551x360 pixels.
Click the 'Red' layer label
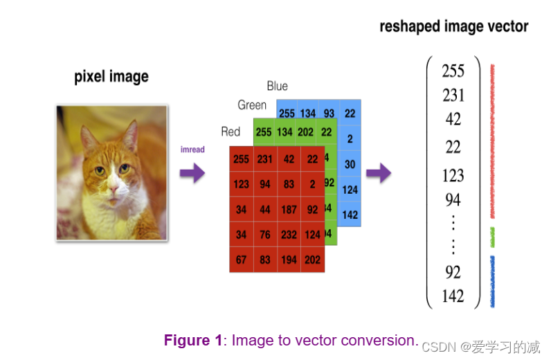231,132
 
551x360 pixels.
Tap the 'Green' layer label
251,105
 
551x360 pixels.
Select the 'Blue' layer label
277,86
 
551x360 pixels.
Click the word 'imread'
192,150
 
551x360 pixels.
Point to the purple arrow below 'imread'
192,172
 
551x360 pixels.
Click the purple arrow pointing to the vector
379,172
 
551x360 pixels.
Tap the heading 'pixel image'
111,77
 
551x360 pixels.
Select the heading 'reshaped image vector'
453,27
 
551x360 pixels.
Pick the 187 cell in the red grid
289,210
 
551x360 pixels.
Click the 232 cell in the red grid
289,235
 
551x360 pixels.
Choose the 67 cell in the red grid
241,260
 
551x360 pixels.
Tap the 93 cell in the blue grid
329,114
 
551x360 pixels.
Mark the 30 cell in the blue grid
350,164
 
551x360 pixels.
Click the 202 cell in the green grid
305,132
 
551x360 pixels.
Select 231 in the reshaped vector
453,95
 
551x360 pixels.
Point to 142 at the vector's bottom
453,296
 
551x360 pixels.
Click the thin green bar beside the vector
492,237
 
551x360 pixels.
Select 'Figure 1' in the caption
193,341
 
